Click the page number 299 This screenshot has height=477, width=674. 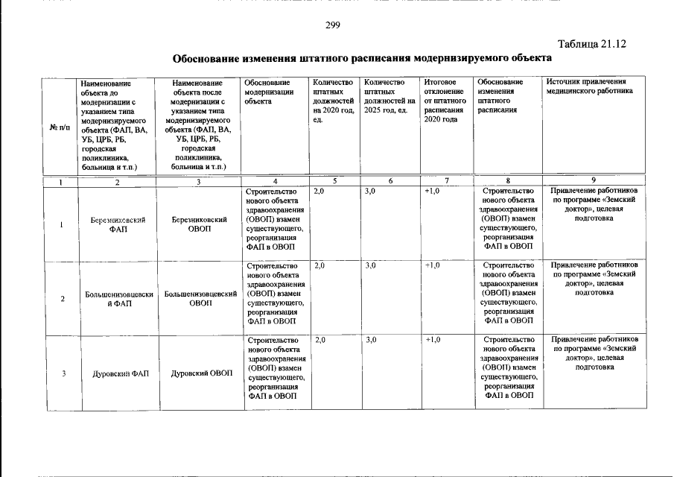click(x=333, y=26)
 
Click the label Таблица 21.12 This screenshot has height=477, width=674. click(x=591, y=44)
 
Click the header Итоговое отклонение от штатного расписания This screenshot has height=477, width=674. click(x=445, y=101)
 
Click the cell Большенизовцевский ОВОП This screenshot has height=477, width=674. click(x=200, y=299)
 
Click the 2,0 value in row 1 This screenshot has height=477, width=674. click(x=319, y=192)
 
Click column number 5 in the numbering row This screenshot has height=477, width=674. click(x=335, y=181)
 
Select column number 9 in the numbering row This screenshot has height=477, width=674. click(x=593, y=180)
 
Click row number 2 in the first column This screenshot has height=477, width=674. click(x=62, y=299)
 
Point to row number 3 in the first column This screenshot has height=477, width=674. click(x=62, y=373)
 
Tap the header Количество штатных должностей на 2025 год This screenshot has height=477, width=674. click(x=387, y=96)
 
